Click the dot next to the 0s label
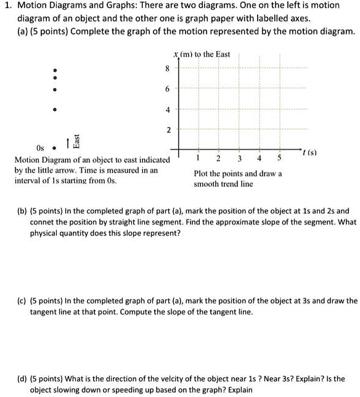click(55, 148)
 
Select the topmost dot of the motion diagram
click(55, 68)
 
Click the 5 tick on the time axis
click(280, 158)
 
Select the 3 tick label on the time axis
click(239, 158)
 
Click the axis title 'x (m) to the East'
click(202, 54)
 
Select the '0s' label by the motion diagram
click(41, 149)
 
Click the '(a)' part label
click(23, 31)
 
